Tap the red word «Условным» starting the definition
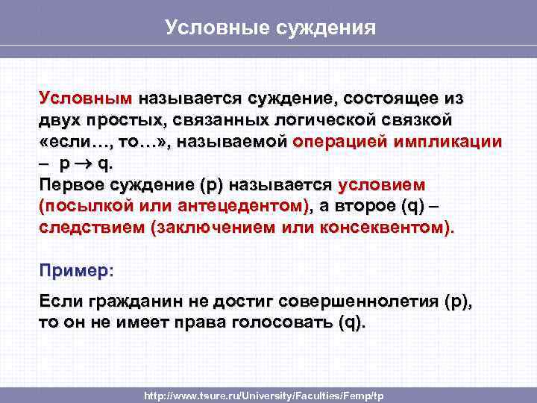click(x=85, y=99)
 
